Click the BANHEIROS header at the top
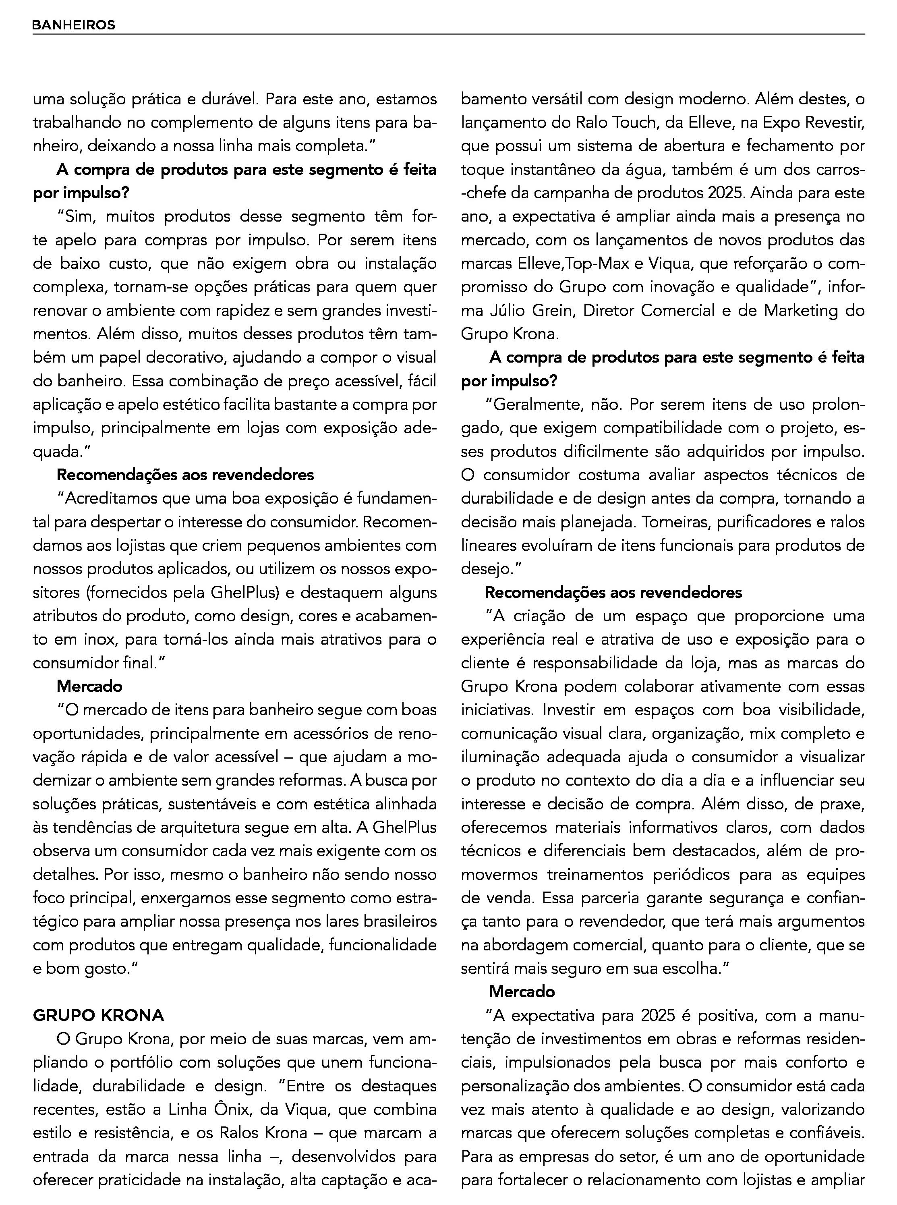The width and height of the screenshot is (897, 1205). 74,25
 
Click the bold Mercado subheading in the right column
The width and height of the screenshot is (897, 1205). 522,991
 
